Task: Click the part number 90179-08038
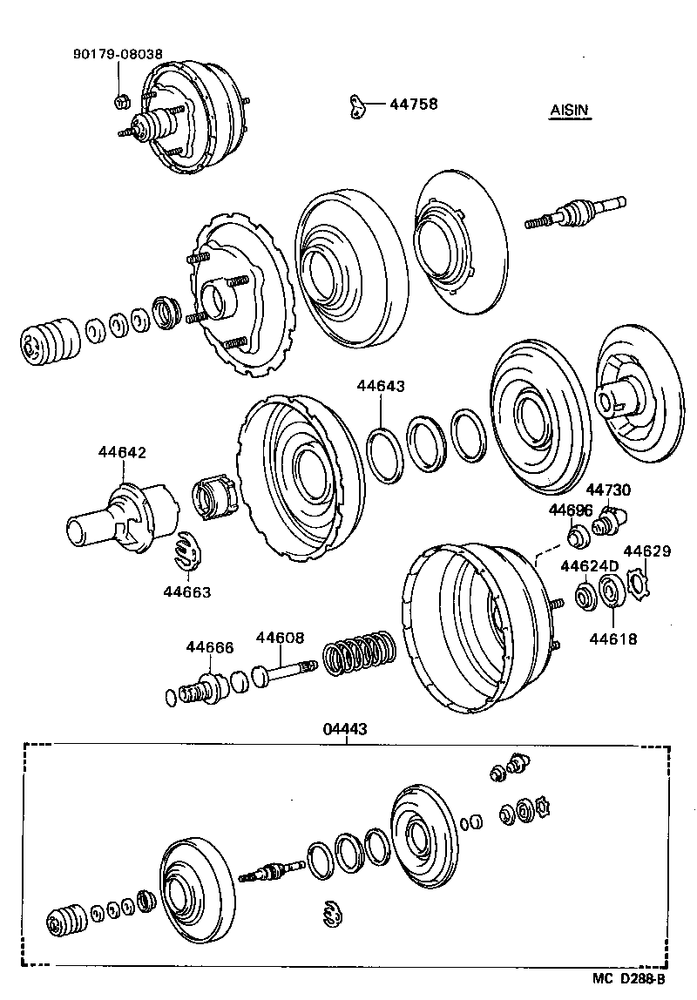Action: [x=117, y=52]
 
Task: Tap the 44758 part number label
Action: [x=413, y=105]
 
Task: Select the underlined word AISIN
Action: [x=569, y=111]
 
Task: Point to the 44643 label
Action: [x=381, y=385]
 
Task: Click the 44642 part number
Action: [x=122, y=452]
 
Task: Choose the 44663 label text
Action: [x=187, y=592]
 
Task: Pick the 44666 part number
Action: [x=209, y=646]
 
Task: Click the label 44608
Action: [x=280, y=638]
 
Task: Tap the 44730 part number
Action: [x=608, y=491]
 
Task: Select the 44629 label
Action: [x=646, y=551]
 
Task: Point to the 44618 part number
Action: [x=612, y=639]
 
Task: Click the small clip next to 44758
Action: [x=355, y=105]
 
